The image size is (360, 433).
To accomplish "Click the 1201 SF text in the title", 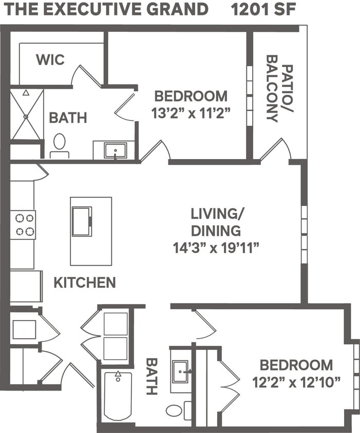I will click(263, 9).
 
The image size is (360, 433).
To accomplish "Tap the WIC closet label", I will click(50, 60).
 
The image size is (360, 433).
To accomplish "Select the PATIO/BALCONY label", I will click(279, 92).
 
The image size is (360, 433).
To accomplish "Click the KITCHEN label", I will click(85, 282).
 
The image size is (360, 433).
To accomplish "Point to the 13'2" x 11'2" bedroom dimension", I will click(191, 113).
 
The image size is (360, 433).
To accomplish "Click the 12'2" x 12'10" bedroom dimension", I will click(296, 382).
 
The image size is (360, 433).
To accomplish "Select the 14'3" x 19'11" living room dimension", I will click(216, 248).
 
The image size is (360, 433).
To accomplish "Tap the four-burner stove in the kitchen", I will click(23, 225).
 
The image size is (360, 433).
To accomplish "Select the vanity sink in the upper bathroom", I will click(115, 150).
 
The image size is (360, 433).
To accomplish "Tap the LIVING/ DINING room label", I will click(216, 221).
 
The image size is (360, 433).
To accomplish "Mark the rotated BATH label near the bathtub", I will click(151, 376).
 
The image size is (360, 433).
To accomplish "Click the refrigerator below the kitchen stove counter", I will click(26, 286).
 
